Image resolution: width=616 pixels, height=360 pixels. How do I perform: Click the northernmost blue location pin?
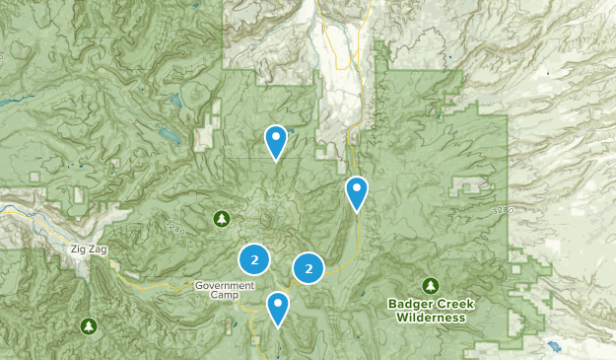click(276, 141)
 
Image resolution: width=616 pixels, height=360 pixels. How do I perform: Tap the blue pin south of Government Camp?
click(279, 308)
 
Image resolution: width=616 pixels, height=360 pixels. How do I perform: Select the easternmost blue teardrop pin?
click(357, 191)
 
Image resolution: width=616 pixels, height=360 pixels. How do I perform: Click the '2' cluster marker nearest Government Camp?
click(254, 260)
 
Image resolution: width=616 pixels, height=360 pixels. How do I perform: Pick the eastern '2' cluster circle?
click(309, 267)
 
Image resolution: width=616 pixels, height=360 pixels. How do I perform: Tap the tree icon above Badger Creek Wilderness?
click(431, 285)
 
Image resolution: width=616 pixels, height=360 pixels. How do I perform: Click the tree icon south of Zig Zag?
click(90, 324)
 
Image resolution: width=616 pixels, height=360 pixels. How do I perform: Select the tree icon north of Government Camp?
click(221, 217)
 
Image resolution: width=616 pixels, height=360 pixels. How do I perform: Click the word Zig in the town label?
click(78, 250)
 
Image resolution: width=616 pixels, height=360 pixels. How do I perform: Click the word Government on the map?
click(224, 285)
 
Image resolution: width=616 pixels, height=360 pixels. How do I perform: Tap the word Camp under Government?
click(224, 295)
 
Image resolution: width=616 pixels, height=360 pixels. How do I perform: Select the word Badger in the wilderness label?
click(409, 305)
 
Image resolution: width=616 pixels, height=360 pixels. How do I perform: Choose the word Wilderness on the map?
click(431, 318)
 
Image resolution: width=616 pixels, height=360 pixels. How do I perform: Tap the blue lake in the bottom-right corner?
click(552, 346)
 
